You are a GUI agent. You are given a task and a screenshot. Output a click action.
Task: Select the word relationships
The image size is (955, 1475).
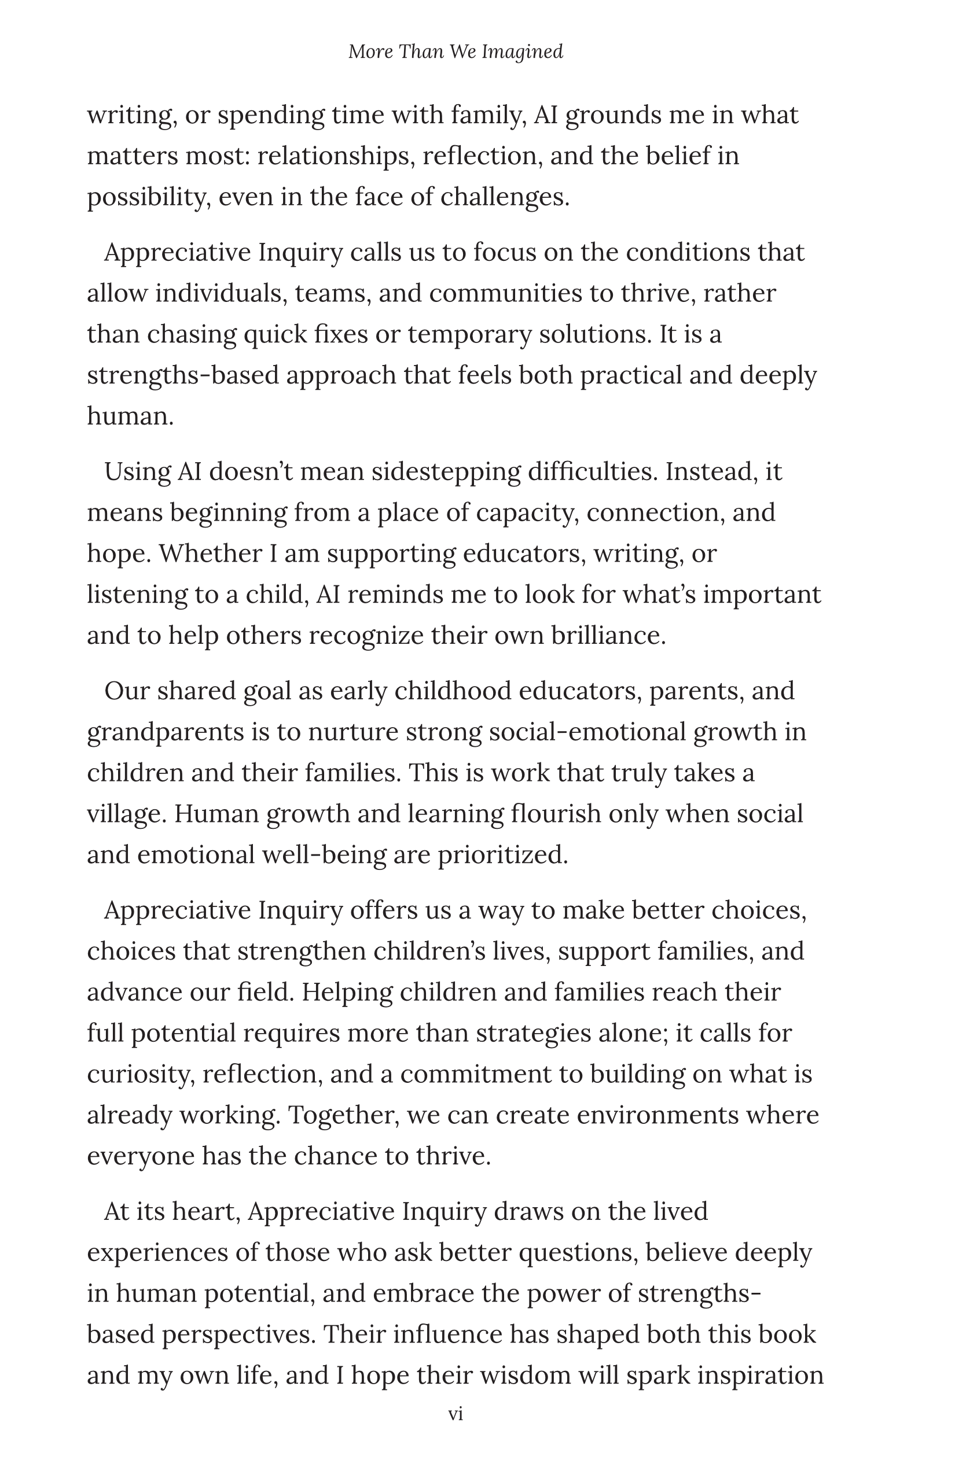335,156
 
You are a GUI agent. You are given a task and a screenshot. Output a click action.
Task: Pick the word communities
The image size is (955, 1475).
505,293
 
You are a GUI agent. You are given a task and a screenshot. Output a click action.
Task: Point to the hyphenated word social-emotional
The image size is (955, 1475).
587,732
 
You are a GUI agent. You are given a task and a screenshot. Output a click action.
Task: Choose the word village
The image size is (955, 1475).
127,814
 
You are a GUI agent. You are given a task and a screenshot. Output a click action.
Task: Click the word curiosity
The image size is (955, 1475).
140,1074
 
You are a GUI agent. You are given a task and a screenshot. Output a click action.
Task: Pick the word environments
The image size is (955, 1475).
658,1115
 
